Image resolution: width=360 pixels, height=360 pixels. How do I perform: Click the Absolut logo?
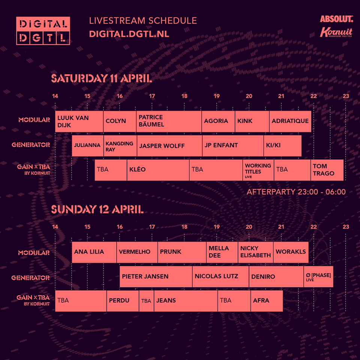pyautogui.click(x=336, y=19)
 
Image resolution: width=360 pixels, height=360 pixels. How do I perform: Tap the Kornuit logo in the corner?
pyautogui.click(x=336, y=32)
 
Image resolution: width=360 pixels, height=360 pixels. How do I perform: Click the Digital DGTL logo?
pyautogui.click(x=43, y=31)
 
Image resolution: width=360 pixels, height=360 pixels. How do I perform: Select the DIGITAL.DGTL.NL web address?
pyautogui.click(x=129, y=34)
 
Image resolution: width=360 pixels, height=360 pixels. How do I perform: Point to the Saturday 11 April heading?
pyautogui.click(x=102, y=78)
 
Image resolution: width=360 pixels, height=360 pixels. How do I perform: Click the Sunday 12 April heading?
pyautogui.click(x=97, y=209)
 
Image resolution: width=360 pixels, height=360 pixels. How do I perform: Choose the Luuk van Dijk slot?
pyautogui.click(x=79, y=121)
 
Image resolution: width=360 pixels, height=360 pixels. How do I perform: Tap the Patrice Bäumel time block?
pyautogui.click(x=169, y=121)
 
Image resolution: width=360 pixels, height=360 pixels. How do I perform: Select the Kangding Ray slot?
pyautogui.click(x=120, y=146)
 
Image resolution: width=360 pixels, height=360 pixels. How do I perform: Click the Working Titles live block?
pyautogui.click(x=258, y=170)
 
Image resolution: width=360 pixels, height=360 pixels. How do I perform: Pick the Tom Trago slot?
pyautogui.click(x=327, y=170)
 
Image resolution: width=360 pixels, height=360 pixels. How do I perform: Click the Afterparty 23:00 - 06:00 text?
pyautogui.click(x=296, y=192)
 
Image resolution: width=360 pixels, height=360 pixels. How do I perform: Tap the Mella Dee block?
pyautogui.click(x=222, y=252)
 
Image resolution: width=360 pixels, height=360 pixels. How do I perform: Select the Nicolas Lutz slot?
pyautogui.click(x=220, y=277)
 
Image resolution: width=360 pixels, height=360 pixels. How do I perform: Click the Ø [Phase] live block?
pyautogui.click(x=318, y=277)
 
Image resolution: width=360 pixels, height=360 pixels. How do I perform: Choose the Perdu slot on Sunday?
pyautogui.click(x=123, y=301)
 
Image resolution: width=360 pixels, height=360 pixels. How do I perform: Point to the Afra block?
pyautogui.click(x=267, y=301)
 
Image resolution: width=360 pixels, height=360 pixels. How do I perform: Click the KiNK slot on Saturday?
pyautogui.click(x=252, y=121)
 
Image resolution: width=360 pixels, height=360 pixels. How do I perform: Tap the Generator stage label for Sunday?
pyautogui.click(x=30, y=278)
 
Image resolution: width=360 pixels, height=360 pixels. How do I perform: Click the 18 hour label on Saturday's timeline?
pyautogui.click(x=184, y=96)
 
